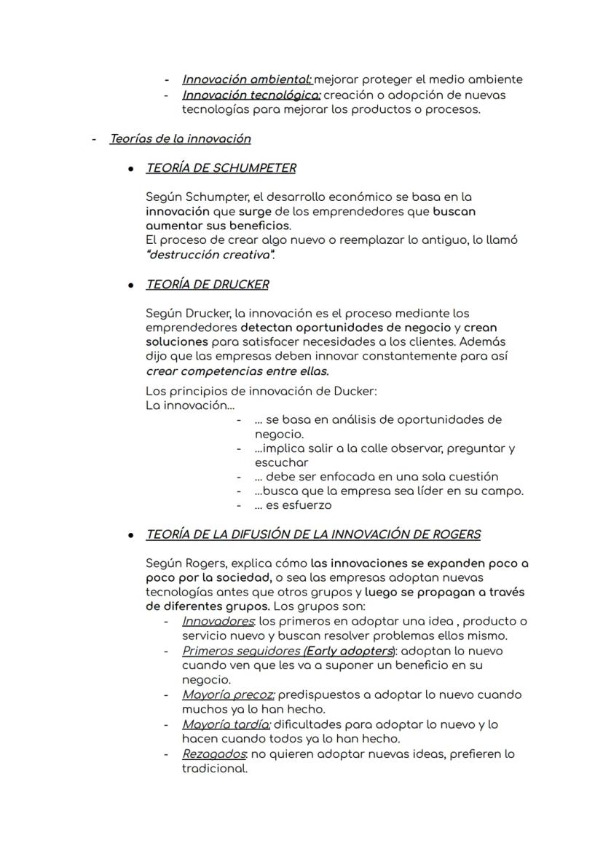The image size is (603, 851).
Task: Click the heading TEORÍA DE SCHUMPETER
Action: pyautogui.click(x=221, y=168)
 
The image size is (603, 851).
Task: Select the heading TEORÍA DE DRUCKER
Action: pyautogui.click(x=207, y=285)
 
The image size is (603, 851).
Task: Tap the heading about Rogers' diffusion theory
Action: pyautogui.click(x=313, y=534)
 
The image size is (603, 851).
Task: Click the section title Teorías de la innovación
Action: pyautogui.click(x=180, y=138)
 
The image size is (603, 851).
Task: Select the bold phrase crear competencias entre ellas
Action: pyautogui.click(x=237, y=371)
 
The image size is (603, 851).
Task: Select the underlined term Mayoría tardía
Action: pyautogui.click(x=226, y=724)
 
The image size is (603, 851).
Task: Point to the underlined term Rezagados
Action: pyautogui.click(x=214, y=753)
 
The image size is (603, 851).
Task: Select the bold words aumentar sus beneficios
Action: pyautogui.click(x=218, y=226)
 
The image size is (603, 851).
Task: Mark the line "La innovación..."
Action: pyautogui.click(x=190, y=405)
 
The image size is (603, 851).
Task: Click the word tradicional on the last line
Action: pyautogui.click(x=214, y=768)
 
